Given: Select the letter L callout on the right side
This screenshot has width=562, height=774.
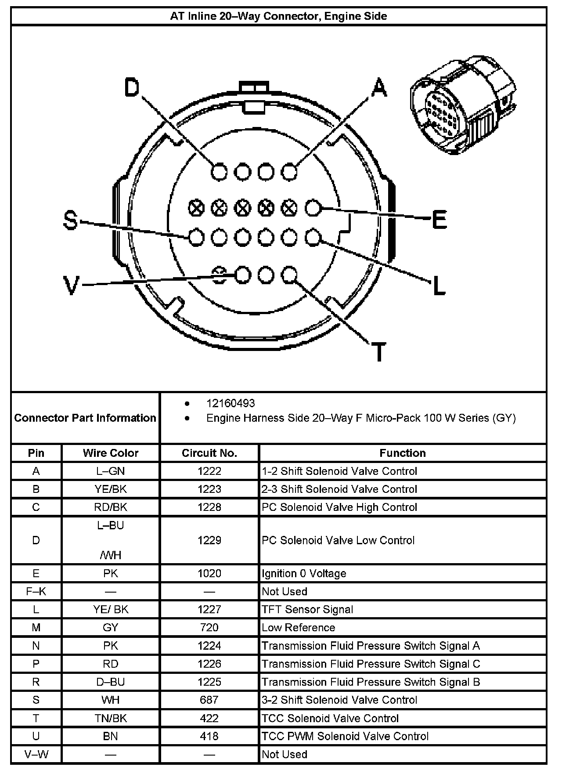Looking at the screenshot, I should (x=439, y=286).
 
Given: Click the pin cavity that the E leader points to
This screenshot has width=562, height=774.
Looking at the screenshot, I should (x=313, y=208).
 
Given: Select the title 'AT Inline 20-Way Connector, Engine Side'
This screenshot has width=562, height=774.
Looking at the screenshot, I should (x=278, y=16).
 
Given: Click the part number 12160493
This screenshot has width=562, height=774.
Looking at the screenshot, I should (x=231, y=403).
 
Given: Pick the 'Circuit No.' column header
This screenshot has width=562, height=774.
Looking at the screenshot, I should (x=209, y=453).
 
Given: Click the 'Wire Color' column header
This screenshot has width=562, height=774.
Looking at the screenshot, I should (x=111, y=453).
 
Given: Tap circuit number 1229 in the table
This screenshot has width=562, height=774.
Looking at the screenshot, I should (x=209, y=540).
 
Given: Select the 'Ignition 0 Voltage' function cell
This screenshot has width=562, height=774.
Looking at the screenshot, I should (x=304, y=573).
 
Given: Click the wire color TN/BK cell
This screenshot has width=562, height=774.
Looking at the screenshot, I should (x=111, y=718).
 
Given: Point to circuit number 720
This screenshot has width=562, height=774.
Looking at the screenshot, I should (x=209, y=627).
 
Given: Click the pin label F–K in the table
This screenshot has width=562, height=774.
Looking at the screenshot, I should (x=36, y=591).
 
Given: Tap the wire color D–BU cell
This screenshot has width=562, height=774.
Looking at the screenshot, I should (x=111, y=682).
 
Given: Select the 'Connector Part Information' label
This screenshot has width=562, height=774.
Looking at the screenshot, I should (x=85, y=418).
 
